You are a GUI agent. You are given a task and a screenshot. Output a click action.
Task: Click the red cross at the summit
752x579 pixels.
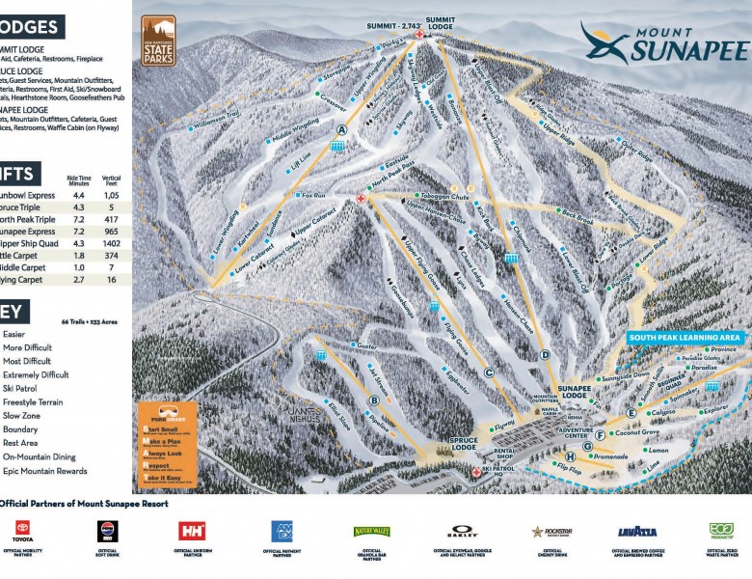[x=419, y=35]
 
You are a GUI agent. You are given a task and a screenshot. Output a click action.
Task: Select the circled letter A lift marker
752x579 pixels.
[x=341, y=129]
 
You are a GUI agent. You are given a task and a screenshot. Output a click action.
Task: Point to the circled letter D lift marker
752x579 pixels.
[x=545, y=355]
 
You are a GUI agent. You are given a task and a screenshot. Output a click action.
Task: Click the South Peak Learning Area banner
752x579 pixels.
[x=685, y=338]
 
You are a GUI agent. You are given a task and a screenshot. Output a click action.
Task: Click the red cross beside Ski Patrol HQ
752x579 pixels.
[x=475, y=472]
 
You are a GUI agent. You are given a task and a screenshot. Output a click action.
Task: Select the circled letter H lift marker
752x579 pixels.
[x=571, y=456]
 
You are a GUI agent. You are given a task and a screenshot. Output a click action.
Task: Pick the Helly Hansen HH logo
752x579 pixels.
[x=192, y=531]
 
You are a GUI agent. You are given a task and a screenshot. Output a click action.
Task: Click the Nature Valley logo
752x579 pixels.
[x=372, y=531]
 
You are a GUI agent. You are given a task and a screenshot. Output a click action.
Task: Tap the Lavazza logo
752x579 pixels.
[x=637, y=532]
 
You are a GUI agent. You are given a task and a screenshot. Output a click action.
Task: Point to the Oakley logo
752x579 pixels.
[x=462, y=532]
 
